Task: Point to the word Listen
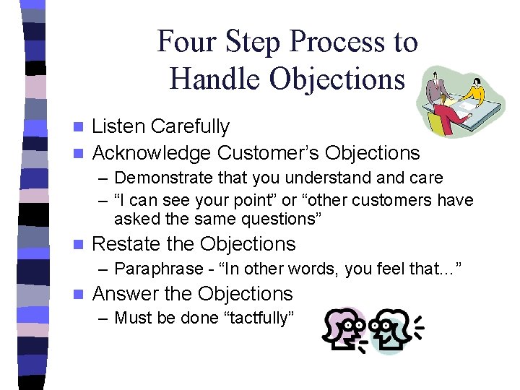pyautogui.click(x=119, y=126)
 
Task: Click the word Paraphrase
pyautogui.click(x=159, y=269)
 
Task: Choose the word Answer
pyautogui.click(x=126, y=294)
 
